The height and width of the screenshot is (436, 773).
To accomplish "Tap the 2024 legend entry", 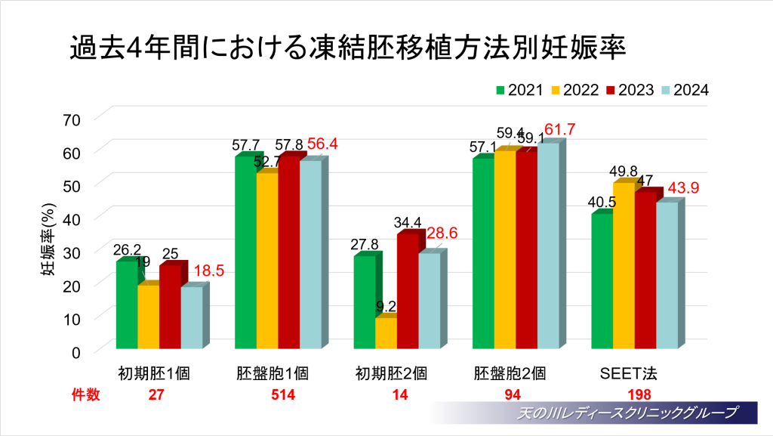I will point(685,90).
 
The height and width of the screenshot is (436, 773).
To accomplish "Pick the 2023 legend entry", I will point(630,90).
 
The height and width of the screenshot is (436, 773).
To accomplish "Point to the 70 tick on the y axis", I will point(72,118).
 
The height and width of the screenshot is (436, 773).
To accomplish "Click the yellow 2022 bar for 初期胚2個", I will point(385,333).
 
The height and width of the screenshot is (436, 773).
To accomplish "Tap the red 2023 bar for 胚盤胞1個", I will point(288,253).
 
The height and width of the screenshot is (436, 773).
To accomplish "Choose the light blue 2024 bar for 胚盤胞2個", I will point(547,246).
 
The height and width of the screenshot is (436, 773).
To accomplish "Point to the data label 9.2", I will point(386,306).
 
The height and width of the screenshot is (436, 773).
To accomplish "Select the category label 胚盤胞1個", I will point(273,373).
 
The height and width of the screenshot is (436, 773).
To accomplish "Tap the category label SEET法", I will point(629,373).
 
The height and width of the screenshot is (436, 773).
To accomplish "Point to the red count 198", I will point(639,394).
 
